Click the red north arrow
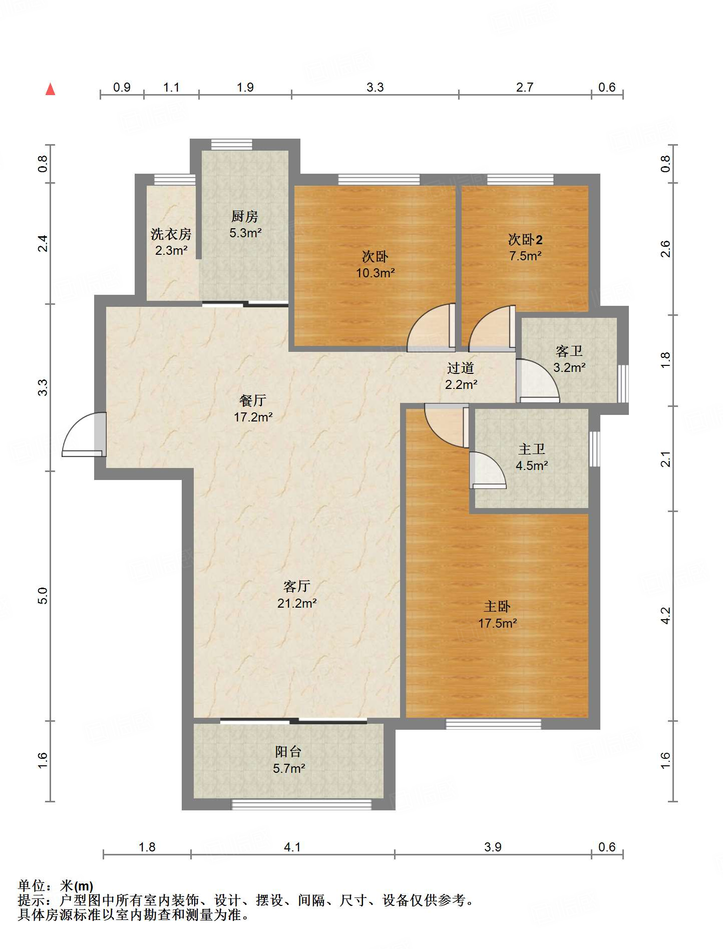(50, 89)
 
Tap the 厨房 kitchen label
(245, 216)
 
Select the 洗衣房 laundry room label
(171, 234)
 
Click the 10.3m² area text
(376, 273)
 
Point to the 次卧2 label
(525, 240)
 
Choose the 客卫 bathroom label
(569, 351)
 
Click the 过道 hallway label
(461, 368)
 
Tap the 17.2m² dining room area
(253, 416)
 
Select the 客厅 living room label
(297, 586)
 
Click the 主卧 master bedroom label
(497, 607)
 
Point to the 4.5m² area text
(532, 465)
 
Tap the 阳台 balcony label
(288, 751)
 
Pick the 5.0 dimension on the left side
(43, 596)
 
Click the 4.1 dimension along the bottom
(292, 847)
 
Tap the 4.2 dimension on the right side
(665, 616)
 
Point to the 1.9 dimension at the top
(245, 87)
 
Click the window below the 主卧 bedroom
(493, 724)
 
